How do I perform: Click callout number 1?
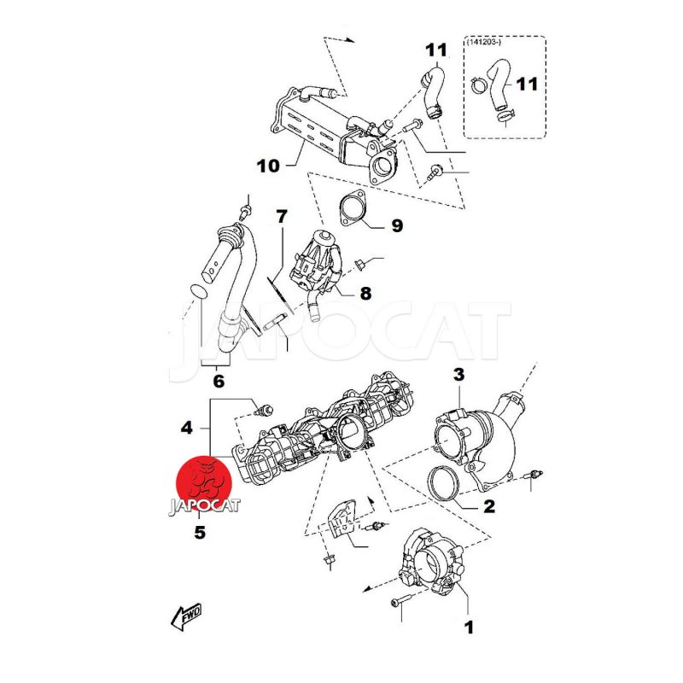(x=468, y=628)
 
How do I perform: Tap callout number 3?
(x=458, y=374)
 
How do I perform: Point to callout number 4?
(x=187, y=424)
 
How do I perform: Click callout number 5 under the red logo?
(x=199, y=533)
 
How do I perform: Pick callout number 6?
(x=218, y=382)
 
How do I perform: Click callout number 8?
(x=365, y=294)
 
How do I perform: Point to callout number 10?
(x=267, y=166)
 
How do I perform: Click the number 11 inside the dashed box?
(x=528, y=84)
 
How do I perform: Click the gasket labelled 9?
(x=353, y=209)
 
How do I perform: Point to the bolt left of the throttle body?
(x=399, y=603)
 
